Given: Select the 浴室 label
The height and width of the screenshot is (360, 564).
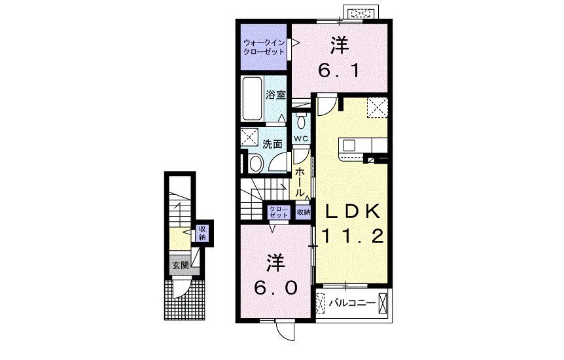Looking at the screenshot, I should [275, 95].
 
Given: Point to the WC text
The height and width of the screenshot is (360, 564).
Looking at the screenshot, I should [300, 138].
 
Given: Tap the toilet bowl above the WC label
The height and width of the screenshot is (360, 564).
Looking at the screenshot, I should [300, 122].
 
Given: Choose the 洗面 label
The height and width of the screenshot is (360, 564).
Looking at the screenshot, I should [273, 144].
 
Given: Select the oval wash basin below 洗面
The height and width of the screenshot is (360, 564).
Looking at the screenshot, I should [256, 163].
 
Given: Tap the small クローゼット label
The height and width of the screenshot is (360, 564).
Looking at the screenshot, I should [279, 212].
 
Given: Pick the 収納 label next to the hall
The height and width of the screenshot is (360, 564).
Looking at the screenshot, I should [302, 212].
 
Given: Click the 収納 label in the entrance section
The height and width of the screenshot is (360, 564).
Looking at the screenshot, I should [202, 233].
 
